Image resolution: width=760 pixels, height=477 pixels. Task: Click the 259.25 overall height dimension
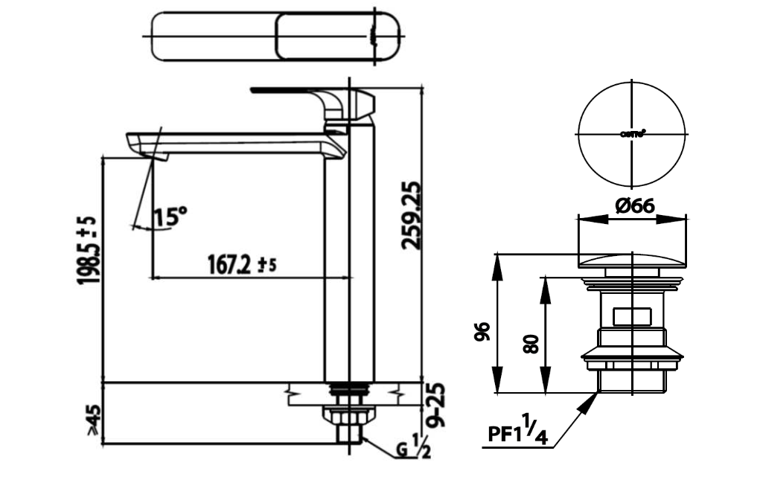pyautogui.click(x=411, y=216)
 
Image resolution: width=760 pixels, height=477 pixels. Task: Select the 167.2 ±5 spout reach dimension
pyautogui.click(x=239, y=264)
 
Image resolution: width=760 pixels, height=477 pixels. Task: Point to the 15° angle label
pyautogui.click(x=170, y=217)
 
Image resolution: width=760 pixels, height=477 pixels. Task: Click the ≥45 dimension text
pyautogui.click(x=93, y=420)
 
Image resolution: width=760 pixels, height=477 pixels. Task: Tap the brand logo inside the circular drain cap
pyautogui.click(x=633, y=135)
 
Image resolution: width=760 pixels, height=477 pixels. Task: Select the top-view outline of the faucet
pyautogui.click(x=275, y=37)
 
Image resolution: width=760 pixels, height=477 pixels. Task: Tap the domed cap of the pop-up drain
pyautogui.click(x=632, y=260)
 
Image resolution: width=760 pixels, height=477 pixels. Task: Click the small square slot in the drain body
pyautogui.click(x=632, y=317)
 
